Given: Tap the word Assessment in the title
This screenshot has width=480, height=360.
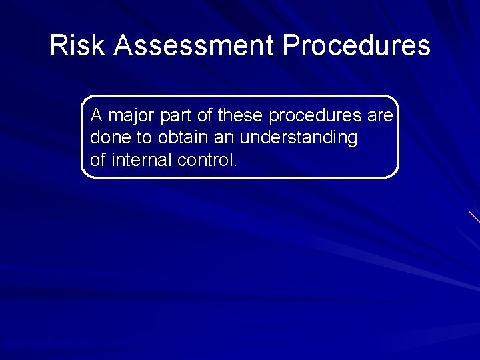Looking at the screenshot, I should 194,46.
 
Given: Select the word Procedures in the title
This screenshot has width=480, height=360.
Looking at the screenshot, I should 356,46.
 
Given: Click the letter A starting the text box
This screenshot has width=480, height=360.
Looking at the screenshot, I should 97,116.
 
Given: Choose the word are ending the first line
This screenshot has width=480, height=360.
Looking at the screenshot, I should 380,117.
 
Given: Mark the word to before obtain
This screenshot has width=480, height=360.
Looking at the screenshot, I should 144,138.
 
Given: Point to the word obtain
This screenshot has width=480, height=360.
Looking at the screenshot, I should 179,138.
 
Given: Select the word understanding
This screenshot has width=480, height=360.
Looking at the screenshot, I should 298,139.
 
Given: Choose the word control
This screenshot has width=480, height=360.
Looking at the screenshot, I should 202,160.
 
